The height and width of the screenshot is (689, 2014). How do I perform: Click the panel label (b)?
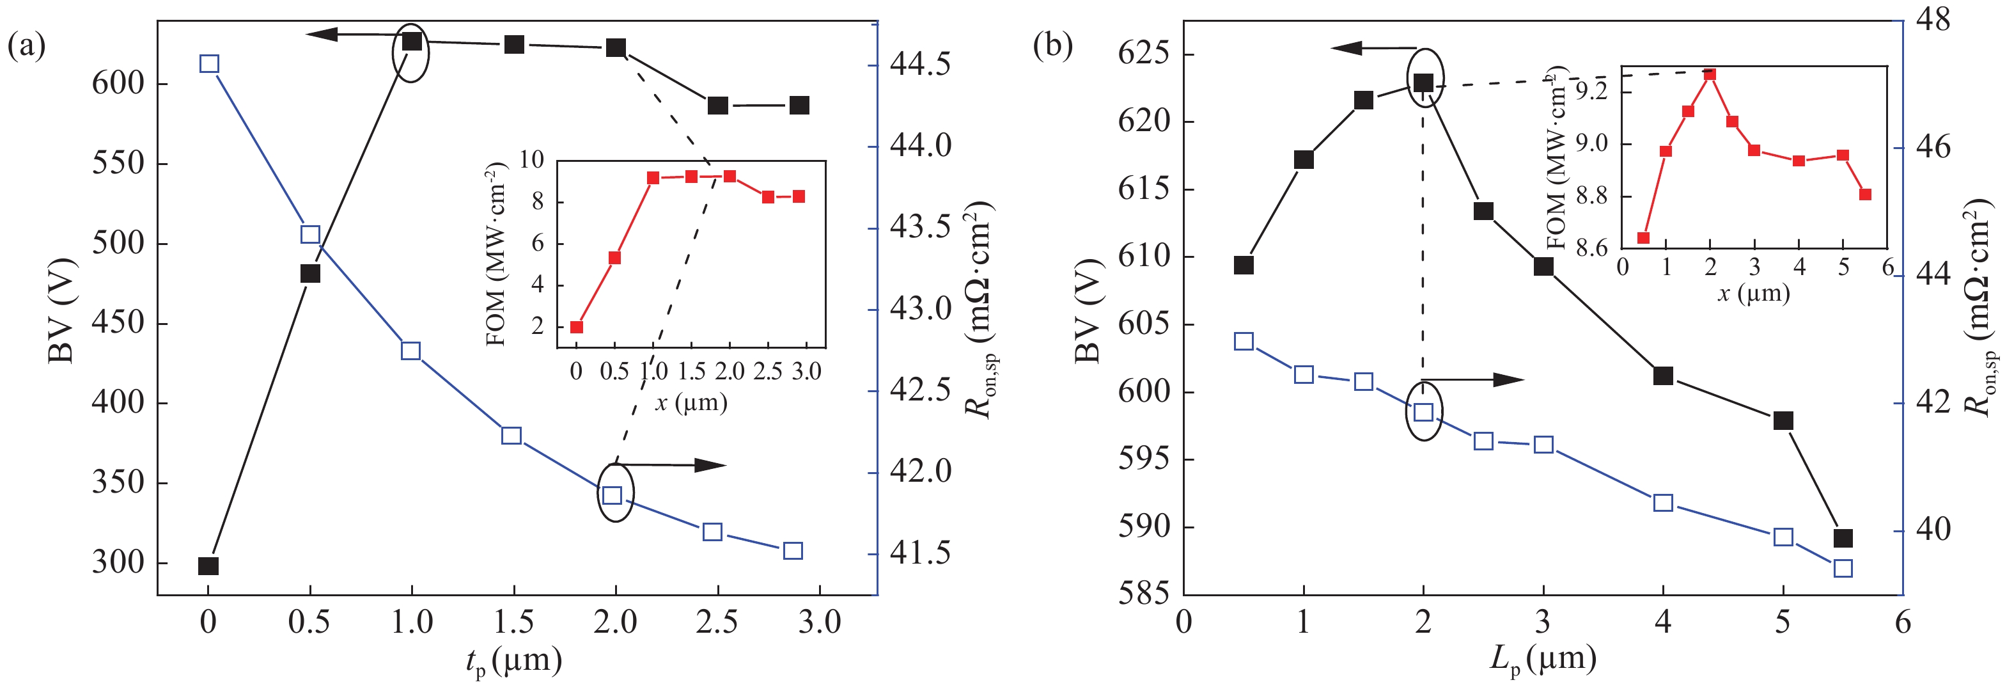click(1053, 45)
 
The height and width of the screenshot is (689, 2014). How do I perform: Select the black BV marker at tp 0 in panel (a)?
click(208, 566)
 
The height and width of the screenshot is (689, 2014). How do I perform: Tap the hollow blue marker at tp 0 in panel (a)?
click(208, 64)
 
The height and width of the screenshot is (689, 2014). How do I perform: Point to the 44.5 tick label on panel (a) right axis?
click(920, 64)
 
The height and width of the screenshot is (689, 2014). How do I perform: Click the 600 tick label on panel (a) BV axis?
click(118, 83)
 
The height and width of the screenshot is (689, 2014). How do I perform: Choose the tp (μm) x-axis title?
click(513, 661)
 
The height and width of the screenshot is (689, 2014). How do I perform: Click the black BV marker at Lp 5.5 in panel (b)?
click(1843, 539)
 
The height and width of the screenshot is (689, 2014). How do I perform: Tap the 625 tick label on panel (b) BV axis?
click(1144, 54)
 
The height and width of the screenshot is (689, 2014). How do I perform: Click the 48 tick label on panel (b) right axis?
click(1931, 20)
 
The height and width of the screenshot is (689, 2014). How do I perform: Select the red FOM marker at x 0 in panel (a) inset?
click(577, 327)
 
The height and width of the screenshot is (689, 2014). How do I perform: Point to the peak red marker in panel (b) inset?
click(1710, 74)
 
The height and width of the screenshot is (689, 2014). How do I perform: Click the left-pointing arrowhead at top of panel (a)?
click(320, 35)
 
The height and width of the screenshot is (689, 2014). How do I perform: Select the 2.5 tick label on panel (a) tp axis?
click(716, 622)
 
